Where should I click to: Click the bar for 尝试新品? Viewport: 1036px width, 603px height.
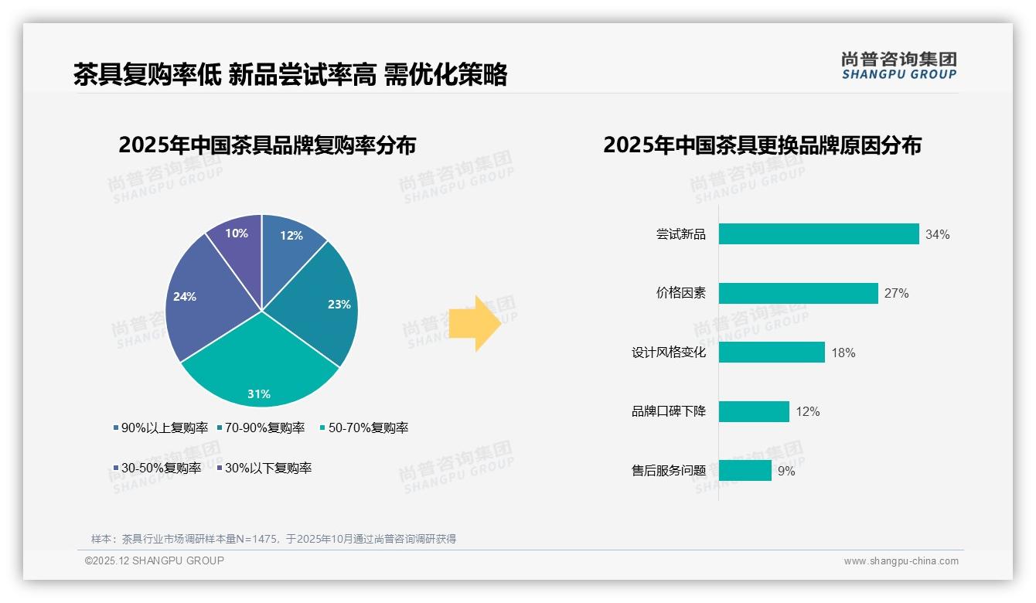click(x=818, y=234)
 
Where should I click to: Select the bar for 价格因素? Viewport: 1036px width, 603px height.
click(x=798, y=293)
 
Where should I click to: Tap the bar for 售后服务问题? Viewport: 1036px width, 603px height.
click(x=745, y=470)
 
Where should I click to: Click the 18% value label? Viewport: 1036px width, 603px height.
click(x=843, y=353)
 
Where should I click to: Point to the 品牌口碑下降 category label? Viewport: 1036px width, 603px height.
click(x=668, y=411)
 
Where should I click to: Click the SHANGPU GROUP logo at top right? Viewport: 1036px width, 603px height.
click(x=898, y=66)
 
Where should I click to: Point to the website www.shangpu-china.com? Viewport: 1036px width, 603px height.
click(x=901, y=560)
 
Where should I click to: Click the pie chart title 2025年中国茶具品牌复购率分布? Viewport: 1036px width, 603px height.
click(x=267, y=145)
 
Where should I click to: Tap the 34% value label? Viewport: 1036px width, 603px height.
click(x=937, y=234)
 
